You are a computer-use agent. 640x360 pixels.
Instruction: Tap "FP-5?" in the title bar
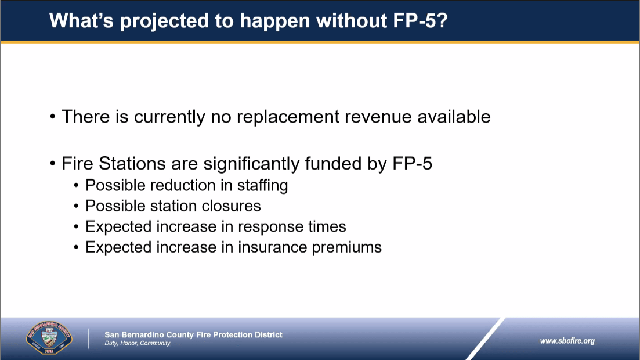pyautogui.click(x=421, y=20)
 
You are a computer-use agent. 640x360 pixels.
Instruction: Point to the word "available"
pyautogui.click(x=454, y=117)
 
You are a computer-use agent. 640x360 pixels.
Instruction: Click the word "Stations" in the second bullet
pyautogui.click(x=132, y=163)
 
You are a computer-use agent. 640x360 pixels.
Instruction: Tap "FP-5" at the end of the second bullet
pyautogui.click(x=412, y=163)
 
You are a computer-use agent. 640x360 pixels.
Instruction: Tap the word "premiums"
pyautogui.click(x=347, y=248)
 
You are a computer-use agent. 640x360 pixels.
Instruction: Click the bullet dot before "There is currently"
pyautogui.click(x=53, y=117)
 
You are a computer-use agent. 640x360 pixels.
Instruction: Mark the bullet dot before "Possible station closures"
pyautogui.click(x=77, y=206)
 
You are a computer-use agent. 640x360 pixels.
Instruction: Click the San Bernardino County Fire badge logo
pyautogui.click(x=49, y=337)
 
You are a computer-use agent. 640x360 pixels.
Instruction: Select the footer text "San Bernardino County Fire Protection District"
pyautogui.click(x=193, y=334)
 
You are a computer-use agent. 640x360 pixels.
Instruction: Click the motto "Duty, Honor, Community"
pyautogui.click(x=137, y=343)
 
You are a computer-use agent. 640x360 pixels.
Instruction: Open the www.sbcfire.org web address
pyautogui.click(x=567, y=341)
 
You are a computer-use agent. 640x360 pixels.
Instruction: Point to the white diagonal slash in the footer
pyautogui.click(x=486, y=339)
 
